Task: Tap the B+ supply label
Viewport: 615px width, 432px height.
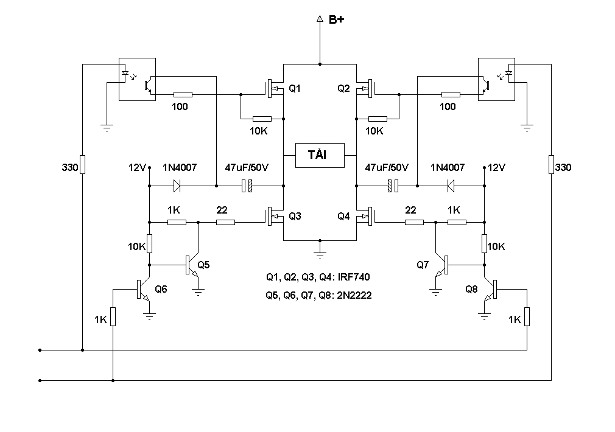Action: (336, 19)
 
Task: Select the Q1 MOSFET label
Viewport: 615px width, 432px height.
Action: (295, 89)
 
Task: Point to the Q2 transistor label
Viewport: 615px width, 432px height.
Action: (343, 89)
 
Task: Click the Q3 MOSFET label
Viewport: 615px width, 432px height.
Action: (295, 216)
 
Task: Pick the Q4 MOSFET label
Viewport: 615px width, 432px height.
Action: (343, 216)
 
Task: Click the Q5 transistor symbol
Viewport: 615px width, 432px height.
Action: (192, 265)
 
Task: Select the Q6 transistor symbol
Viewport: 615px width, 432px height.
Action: (144, 289)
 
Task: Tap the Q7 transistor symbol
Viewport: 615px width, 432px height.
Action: (441, 265)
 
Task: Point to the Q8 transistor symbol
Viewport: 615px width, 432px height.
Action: (491, 289)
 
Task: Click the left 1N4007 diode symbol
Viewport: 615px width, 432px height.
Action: (177, 186)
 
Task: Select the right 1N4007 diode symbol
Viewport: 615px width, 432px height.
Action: (451, 186)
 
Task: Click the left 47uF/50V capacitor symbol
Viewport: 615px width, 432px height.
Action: (247, 186)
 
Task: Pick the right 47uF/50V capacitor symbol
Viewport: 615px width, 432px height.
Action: (393, 186)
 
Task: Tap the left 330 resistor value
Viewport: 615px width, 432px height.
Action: (70, 167)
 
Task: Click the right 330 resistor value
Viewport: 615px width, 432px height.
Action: (563, 167)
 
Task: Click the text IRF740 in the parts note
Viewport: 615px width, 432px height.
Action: (354, 277)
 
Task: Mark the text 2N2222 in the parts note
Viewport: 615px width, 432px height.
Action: (354, 295)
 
